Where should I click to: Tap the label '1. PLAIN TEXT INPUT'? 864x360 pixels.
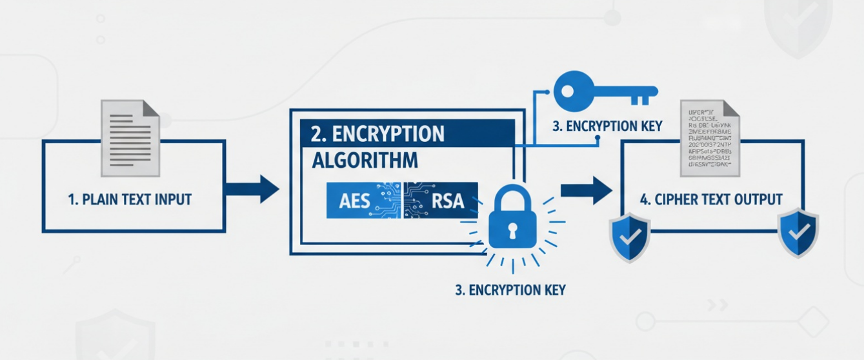pyautogui.click(x=130, y=199)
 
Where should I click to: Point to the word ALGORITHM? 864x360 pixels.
pyautogui.click(x=364, y=160)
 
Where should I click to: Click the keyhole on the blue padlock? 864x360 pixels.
pyautogui.click(x=512, y=230)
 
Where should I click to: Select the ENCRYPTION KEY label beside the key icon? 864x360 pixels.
pyautogui.click(x=607, y=126)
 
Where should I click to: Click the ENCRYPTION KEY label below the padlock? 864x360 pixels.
pyautogui.click(x=510, y=290)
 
